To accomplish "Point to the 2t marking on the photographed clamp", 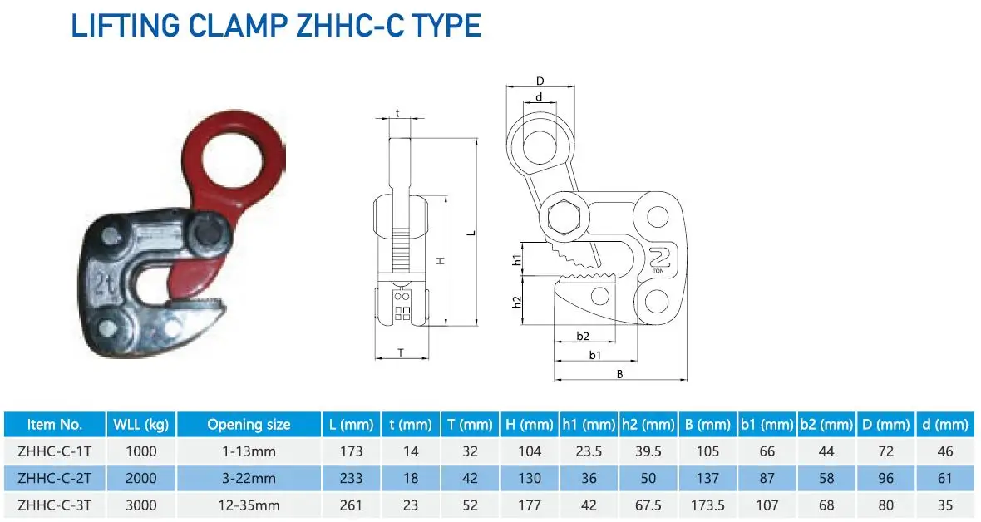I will click(x=106, y=278).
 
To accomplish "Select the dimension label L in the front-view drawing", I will click(x=471, y=233).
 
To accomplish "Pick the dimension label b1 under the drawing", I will click(x=594, y=355).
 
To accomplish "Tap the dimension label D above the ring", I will click(x=540, y=81).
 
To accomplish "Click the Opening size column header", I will click(x=249, y=425).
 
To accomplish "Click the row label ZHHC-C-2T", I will click(x=55, y=479).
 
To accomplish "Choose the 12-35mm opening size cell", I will click(x=249, y=505).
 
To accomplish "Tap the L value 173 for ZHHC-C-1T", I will click(x=352, y=452).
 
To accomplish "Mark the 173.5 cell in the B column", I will click(x=707, y=505).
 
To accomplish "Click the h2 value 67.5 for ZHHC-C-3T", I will click(x=648, y=505).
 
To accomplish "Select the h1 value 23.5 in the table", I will click(x=589, y=452).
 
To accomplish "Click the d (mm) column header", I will click(x=945, y=425).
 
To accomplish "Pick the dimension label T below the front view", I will click(x=400, y=352).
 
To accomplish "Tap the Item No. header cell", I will click(x=55, y=425).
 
